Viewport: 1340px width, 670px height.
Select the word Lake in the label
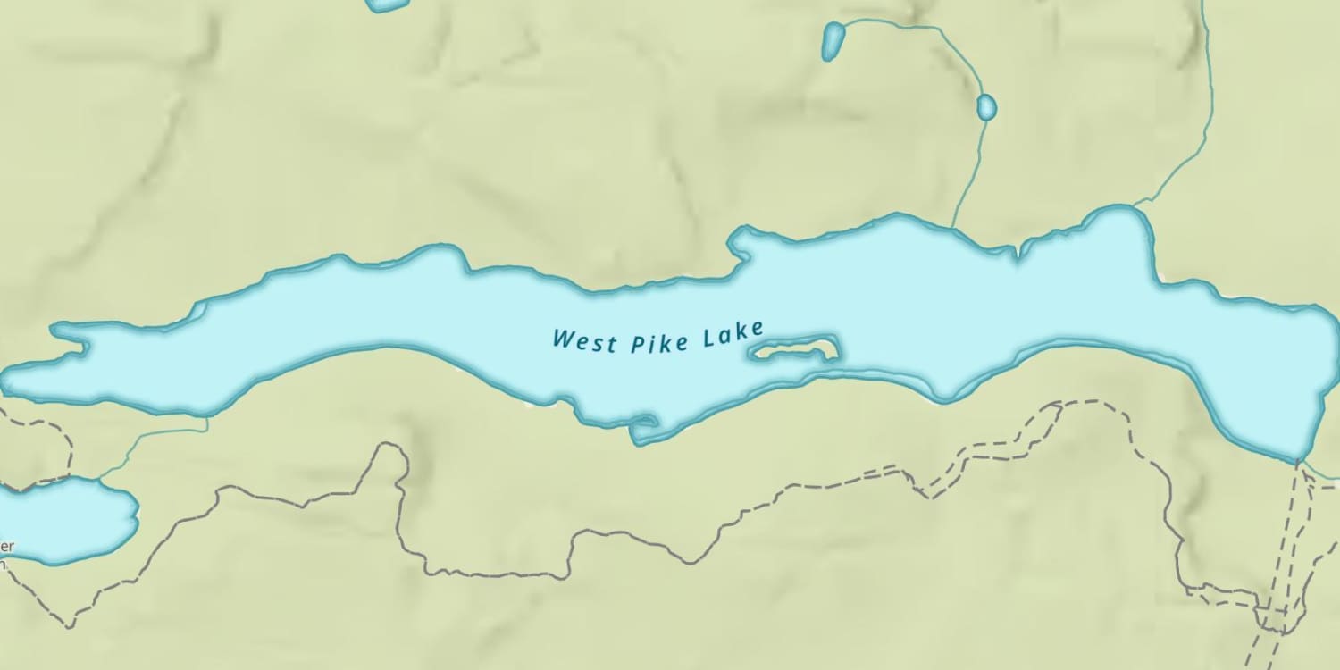[733, 335]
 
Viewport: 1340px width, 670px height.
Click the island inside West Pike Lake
[794, 349]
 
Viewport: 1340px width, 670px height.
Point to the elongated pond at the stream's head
[833, 40]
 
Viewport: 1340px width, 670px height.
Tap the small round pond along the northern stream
[986, 107]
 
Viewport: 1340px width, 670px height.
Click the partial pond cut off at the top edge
[387, 4]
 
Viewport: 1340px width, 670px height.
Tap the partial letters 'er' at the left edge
[7, 546]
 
